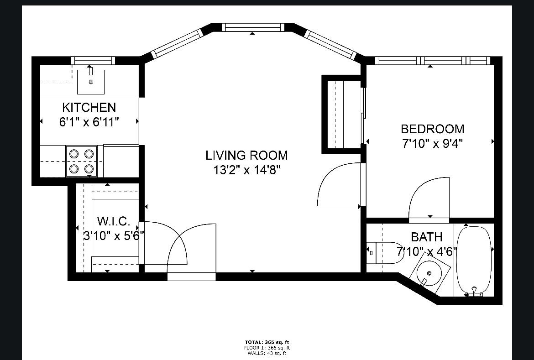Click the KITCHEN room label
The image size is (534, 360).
(x=89, y=108)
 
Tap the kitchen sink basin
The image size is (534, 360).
(x=90, y=82)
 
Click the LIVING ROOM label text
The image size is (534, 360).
(x=246, y=155)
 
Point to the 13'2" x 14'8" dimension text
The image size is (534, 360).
(x=246, y=170)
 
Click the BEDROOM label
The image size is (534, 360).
(x=432, y=129)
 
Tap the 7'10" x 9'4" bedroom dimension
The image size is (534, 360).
(x=432, y=144)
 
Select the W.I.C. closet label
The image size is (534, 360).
(x=114, y=222)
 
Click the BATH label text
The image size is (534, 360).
(x=426, y=237)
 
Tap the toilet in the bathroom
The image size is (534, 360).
(x=386, y=252)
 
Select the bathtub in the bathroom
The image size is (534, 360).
(x=475, y=259)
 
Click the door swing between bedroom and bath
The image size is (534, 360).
(x=429, y=198)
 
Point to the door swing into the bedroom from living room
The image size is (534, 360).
(x=339, y=185)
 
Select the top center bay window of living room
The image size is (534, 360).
(x=252, y=27)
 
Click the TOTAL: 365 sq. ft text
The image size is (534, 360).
(x=267, y=342)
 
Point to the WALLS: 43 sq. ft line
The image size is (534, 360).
(x=267, y=353)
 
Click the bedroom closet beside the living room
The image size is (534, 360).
(x=342, y=114)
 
